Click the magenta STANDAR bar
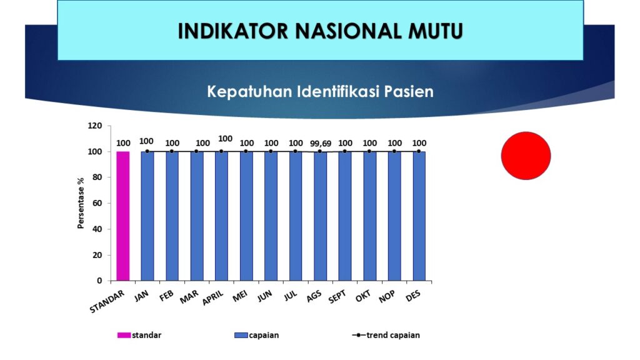[x=123, y=216]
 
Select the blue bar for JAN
[x=147, y=216]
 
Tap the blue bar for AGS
[x=320, y=216]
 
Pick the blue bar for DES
[x=419, y=216]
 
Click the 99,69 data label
[x=321, y=144]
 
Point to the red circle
[x=526, y=156]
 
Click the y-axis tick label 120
[x=95, y=126]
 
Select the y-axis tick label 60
[x=97, y=203]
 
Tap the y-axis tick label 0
[x=99, y=281]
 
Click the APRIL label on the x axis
[x=213, y=297]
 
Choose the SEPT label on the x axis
[x=337, y=297]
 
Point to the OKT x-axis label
[x=363, y=296]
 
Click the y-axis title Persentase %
[x=81, y=203]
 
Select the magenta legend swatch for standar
[x=124, y=335]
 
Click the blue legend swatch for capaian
[x=241, y=335]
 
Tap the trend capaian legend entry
[x=386, y=335]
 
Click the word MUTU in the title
[x=436, y=31]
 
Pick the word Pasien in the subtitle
[x=409, y=91]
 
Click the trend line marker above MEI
[x=246, y=151]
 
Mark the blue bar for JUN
[x=271, y=216]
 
